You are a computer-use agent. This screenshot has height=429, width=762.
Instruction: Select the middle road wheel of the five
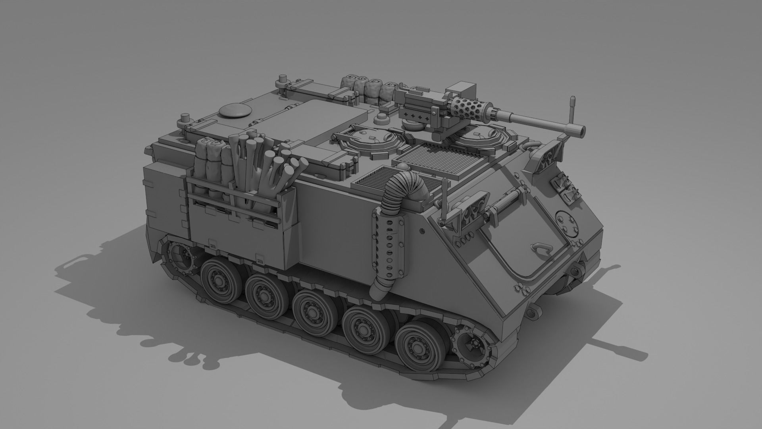312,308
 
